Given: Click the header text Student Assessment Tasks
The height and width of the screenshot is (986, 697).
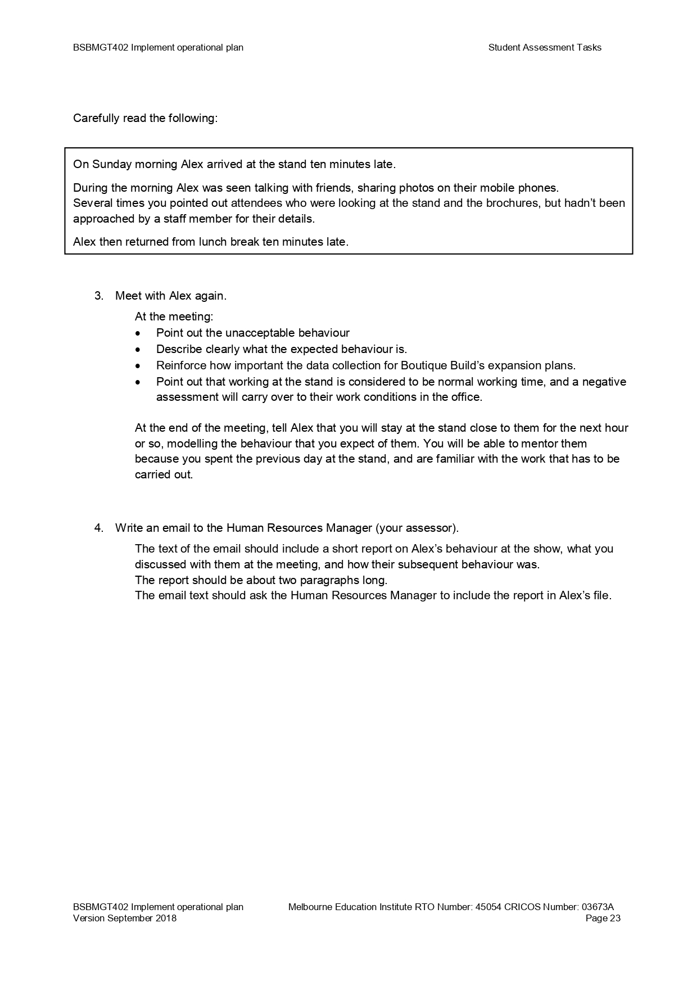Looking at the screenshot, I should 544,48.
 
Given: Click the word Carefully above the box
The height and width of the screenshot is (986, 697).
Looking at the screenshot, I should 96,119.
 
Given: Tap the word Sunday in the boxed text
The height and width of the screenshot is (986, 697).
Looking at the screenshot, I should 111,165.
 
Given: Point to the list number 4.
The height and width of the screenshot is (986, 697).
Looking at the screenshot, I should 98,528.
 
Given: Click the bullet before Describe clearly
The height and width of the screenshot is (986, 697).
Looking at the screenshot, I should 138,350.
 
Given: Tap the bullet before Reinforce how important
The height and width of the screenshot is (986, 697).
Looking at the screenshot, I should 138,366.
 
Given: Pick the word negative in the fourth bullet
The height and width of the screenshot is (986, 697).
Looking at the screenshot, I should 604,382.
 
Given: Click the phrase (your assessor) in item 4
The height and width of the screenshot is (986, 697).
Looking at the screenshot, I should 417,528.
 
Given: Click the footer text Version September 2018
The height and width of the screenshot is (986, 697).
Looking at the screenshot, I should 124,919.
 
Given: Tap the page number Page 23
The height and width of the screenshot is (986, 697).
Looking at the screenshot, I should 603,919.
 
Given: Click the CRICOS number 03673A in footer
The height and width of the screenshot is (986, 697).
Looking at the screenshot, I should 598,907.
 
